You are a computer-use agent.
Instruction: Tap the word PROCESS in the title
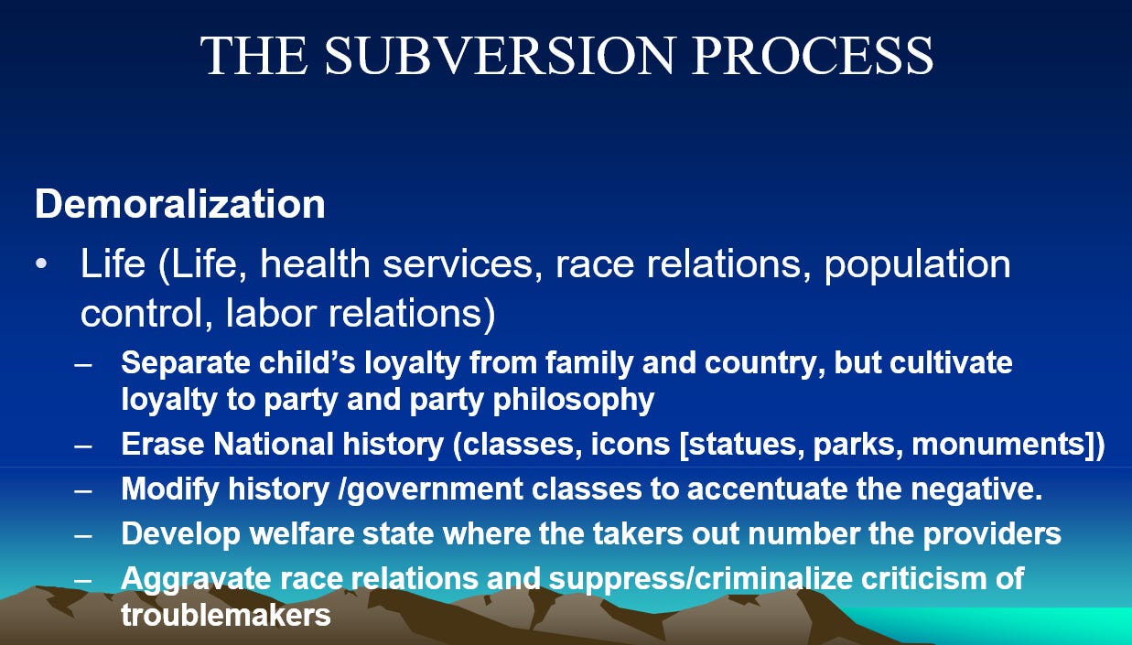(x=813, y=55)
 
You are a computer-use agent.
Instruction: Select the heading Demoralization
(x=180, y=204)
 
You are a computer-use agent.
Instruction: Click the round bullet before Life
(x=41, y=263)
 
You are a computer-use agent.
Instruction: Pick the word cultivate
(x=951, y=362)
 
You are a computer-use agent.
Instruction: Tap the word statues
(x=746, y=445)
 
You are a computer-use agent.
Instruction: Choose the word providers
(x=992, y=535)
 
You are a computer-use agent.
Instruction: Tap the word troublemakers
(x=226, y=615)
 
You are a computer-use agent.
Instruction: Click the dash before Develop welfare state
(x=83, y=535)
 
